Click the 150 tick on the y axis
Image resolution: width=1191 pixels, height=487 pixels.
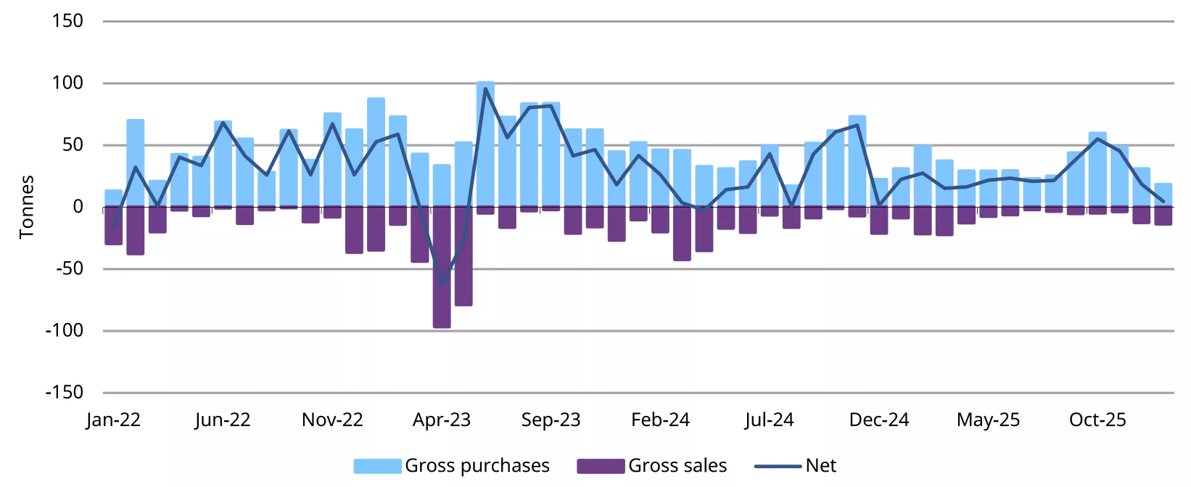[x=67, y=21]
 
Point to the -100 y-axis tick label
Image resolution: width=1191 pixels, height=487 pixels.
[x=65, y=330]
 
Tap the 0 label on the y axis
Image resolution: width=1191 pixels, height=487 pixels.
[x=78, y=207]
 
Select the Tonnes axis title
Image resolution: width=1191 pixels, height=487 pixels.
[x=27, y=207]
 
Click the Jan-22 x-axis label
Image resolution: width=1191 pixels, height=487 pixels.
[x=113, y=420]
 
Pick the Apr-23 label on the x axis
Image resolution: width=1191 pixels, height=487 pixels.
[x=442, y=420]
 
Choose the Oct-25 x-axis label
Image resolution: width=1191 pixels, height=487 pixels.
[x=1097, y=420]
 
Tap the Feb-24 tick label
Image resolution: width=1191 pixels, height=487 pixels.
[x=660, y=420]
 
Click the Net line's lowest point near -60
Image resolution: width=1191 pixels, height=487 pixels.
[x=442, y=284]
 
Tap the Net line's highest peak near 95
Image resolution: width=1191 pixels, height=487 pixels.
[x=485, y=89]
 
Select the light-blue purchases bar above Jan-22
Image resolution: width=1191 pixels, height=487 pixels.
[x=114, y=198]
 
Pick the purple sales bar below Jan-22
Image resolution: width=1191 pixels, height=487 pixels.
[x=114, y=226]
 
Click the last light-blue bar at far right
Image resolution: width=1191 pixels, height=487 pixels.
[x=1163, y=195]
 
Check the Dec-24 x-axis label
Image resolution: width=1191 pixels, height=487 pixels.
[x=879, y=420]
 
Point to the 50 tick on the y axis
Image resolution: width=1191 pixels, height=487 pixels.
[x=73, y=144]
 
